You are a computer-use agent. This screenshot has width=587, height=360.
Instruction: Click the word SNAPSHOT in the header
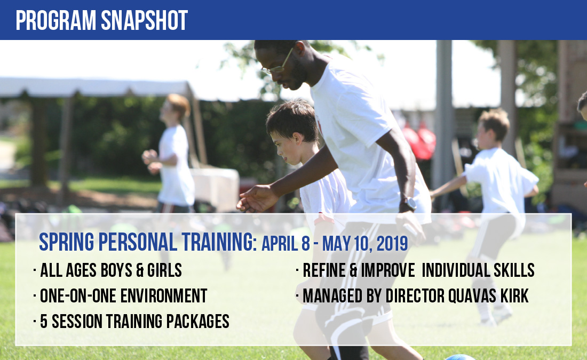click(144, 20)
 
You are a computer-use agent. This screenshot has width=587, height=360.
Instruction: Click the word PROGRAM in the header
click(56, 20)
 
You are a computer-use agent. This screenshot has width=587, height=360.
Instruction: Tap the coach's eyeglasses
click(277, 63)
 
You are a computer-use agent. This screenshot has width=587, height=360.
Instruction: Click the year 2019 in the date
click(392, 244)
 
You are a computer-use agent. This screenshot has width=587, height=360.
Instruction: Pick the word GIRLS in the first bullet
click(164, 270)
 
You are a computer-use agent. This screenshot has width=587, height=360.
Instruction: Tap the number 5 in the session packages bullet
click(44, 322)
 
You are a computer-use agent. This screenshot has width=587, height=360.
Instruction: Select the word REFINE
click(324, 270)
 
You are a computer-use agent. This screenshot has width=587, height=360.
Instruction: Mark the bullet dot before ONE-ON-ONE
click(35, 295)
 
